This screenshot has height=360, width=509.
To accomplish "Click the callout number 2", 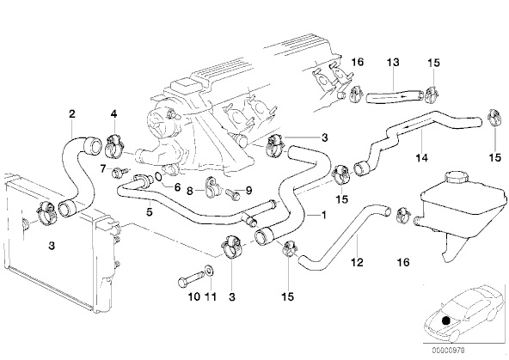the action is point(72,113).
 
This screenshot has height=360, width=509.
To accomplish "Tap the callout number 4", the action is point(113,113).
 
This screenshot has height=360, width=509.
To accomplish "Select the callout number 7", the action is point(103,168).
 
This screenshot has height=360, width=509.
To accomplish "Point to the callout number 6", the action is point(177,187).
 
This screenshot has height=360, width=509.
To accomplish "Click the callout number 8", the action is point(190,191).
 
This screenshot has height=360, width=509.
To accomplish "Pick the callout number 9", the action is point(248,191).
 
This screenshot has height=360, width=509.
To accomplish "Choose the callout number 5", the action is point(149,212).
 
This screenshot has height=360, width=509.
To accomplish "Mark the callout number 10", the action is point(194,296).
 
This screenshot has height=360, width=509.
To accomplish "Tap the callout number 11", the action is point(211,296).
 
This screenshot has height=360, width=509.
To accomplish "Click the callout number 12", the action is point(357,262).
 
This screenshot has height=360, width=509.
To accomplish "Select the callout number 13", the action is point(393,62).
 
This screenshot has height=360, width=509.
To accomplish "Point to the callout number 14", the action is point(421,158).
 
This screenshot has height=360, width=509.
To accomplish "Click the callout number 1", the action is point(323,215).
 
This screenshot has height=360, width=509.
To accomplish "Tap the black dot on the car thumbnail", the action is point(446,320).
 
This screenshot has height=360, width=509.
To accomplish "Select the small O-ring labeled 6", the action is point(159,177).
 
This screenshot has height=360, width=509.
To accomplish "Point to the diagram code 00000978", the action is point(448,351).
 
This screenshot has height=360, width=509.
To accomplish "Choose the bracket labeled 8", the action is point(212,186).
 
